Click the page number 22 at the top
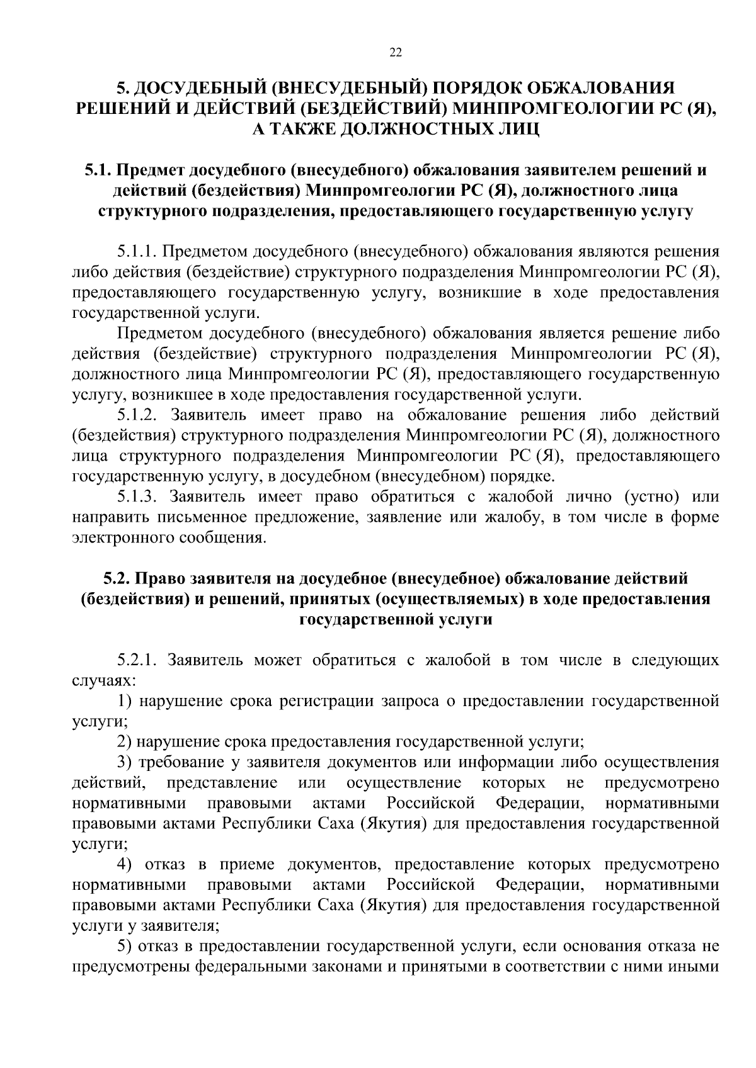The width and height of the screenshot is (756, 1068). point(395,53)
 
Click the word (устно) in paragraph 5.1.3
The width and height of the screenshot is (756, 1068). point(651,497)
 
